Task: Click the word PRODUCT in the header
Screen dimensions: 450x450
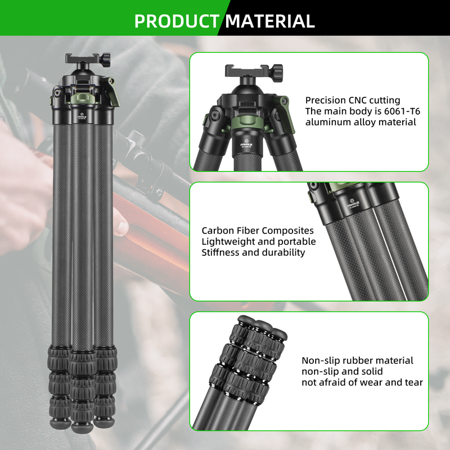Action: pos(176,21)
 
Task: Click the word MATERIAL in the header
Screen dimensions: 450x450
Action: pos(270,21)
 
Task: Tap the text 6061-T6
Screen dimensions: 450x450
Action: pos(400,111)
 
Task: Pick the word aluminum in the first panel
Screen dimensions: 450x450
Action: pos(327,121)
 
